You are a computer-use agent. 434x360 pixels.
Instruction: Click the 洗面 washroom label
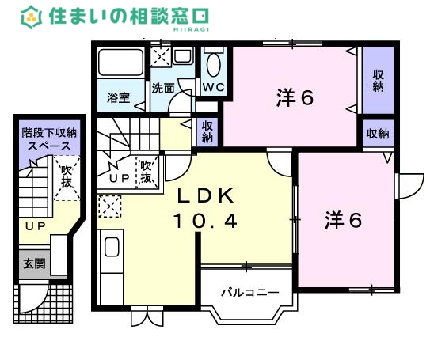164,88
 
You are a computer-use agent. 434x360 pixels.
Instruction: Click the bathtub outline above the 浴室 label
121,64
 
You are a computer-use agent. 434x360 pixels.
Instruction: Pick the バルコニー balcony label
249,292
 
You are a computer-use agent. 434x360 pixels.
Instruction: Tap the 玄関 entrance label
33,263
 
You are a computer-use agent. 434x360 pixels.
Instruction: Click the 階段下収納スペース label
48,139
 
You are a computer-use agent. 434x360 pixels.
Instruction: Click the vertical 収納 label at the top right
379,78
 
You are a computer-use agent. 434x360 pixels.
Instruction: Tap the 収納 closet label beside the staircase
207,132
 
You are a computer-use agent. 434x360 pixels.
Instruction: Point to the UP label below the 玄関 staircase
34,227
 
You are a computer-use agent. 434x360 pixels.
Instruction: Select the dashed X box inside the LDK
108,207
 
